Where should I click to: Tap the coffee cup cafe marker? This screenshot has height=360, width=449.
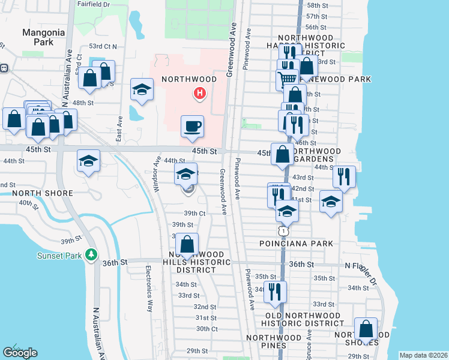coord(192,126)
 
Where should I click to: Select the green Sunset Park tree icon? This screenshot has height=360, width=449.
coord(91,254)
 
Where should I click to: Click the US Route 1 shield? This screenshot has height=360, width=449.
coord(283,230)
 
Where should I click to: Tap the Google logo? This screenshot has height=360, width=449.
coord(20,353)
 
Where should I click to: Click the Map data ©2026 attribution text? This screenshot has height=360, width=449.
coord(423,355)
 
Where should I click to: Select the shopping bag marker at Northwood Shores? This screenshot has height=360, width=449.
coord(366,329)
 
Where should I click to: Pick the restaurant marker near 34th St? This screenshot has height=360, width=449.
coord(275,292)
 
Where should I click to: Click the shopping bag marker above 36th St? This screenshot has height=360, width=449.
coord(187,245)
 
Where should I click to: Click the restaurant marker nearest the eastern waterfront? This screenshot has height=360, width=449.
coord(344,176)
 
